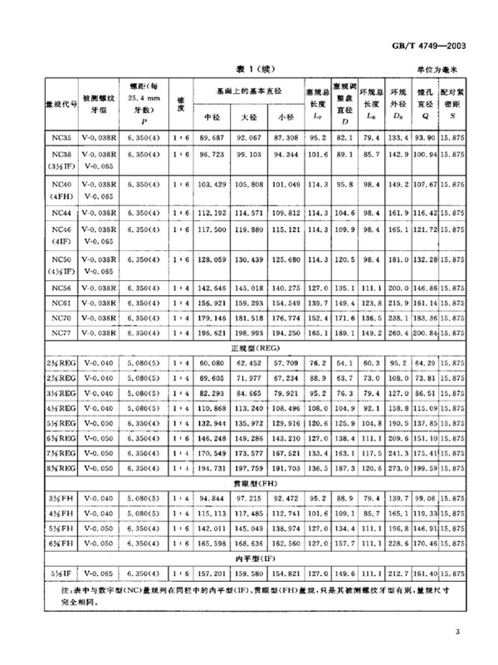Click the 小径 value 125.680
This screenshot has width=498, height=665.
pyautogui.click(x=285, y=259)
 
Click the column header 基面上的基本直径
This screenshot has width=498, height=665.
pyautogui.click(x=249, y=91)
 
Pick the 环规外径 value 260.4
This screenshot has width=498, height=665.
pyautogui.click(x=396, y=333)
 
